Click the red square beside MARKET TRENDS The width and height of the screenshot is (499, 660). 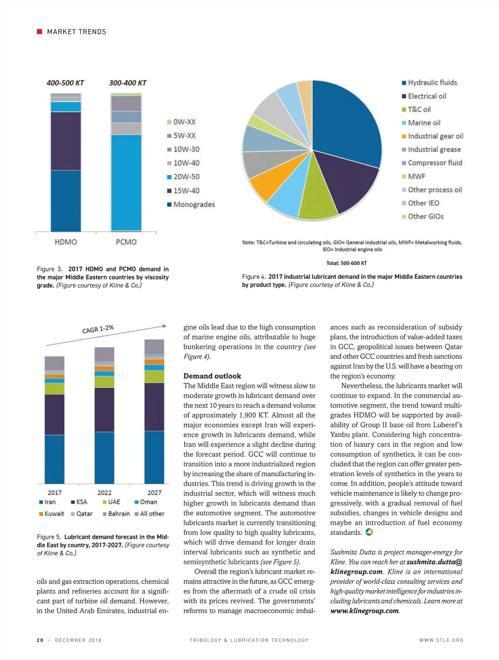point(40,32)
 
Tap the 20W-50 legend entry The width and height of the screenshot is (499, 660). point(183,177)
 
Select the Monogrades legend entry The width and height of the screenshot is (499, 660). point(191,204)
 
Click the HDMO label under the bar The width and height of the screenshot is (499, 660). point(66,242)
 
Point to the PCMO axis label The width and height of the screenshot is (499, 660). point(126,242)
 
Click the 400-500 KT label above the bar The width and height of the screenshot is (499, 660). point(65,83)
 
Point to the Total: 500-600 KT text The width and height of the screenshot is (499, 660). point(346,263)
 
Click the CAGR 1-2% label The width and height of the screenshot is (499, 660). point(98,329)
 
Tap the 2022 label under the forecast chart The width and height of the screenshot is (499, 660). point(104,493)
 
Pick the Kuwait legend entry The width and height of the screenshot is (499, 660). point(52,514)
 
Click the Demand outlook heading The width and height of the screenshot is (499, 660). point(212,376)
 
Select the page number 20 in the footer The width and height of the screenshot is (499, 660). point(40,640)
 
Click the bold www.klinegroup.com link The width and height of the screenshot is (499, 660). point(364,611)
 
